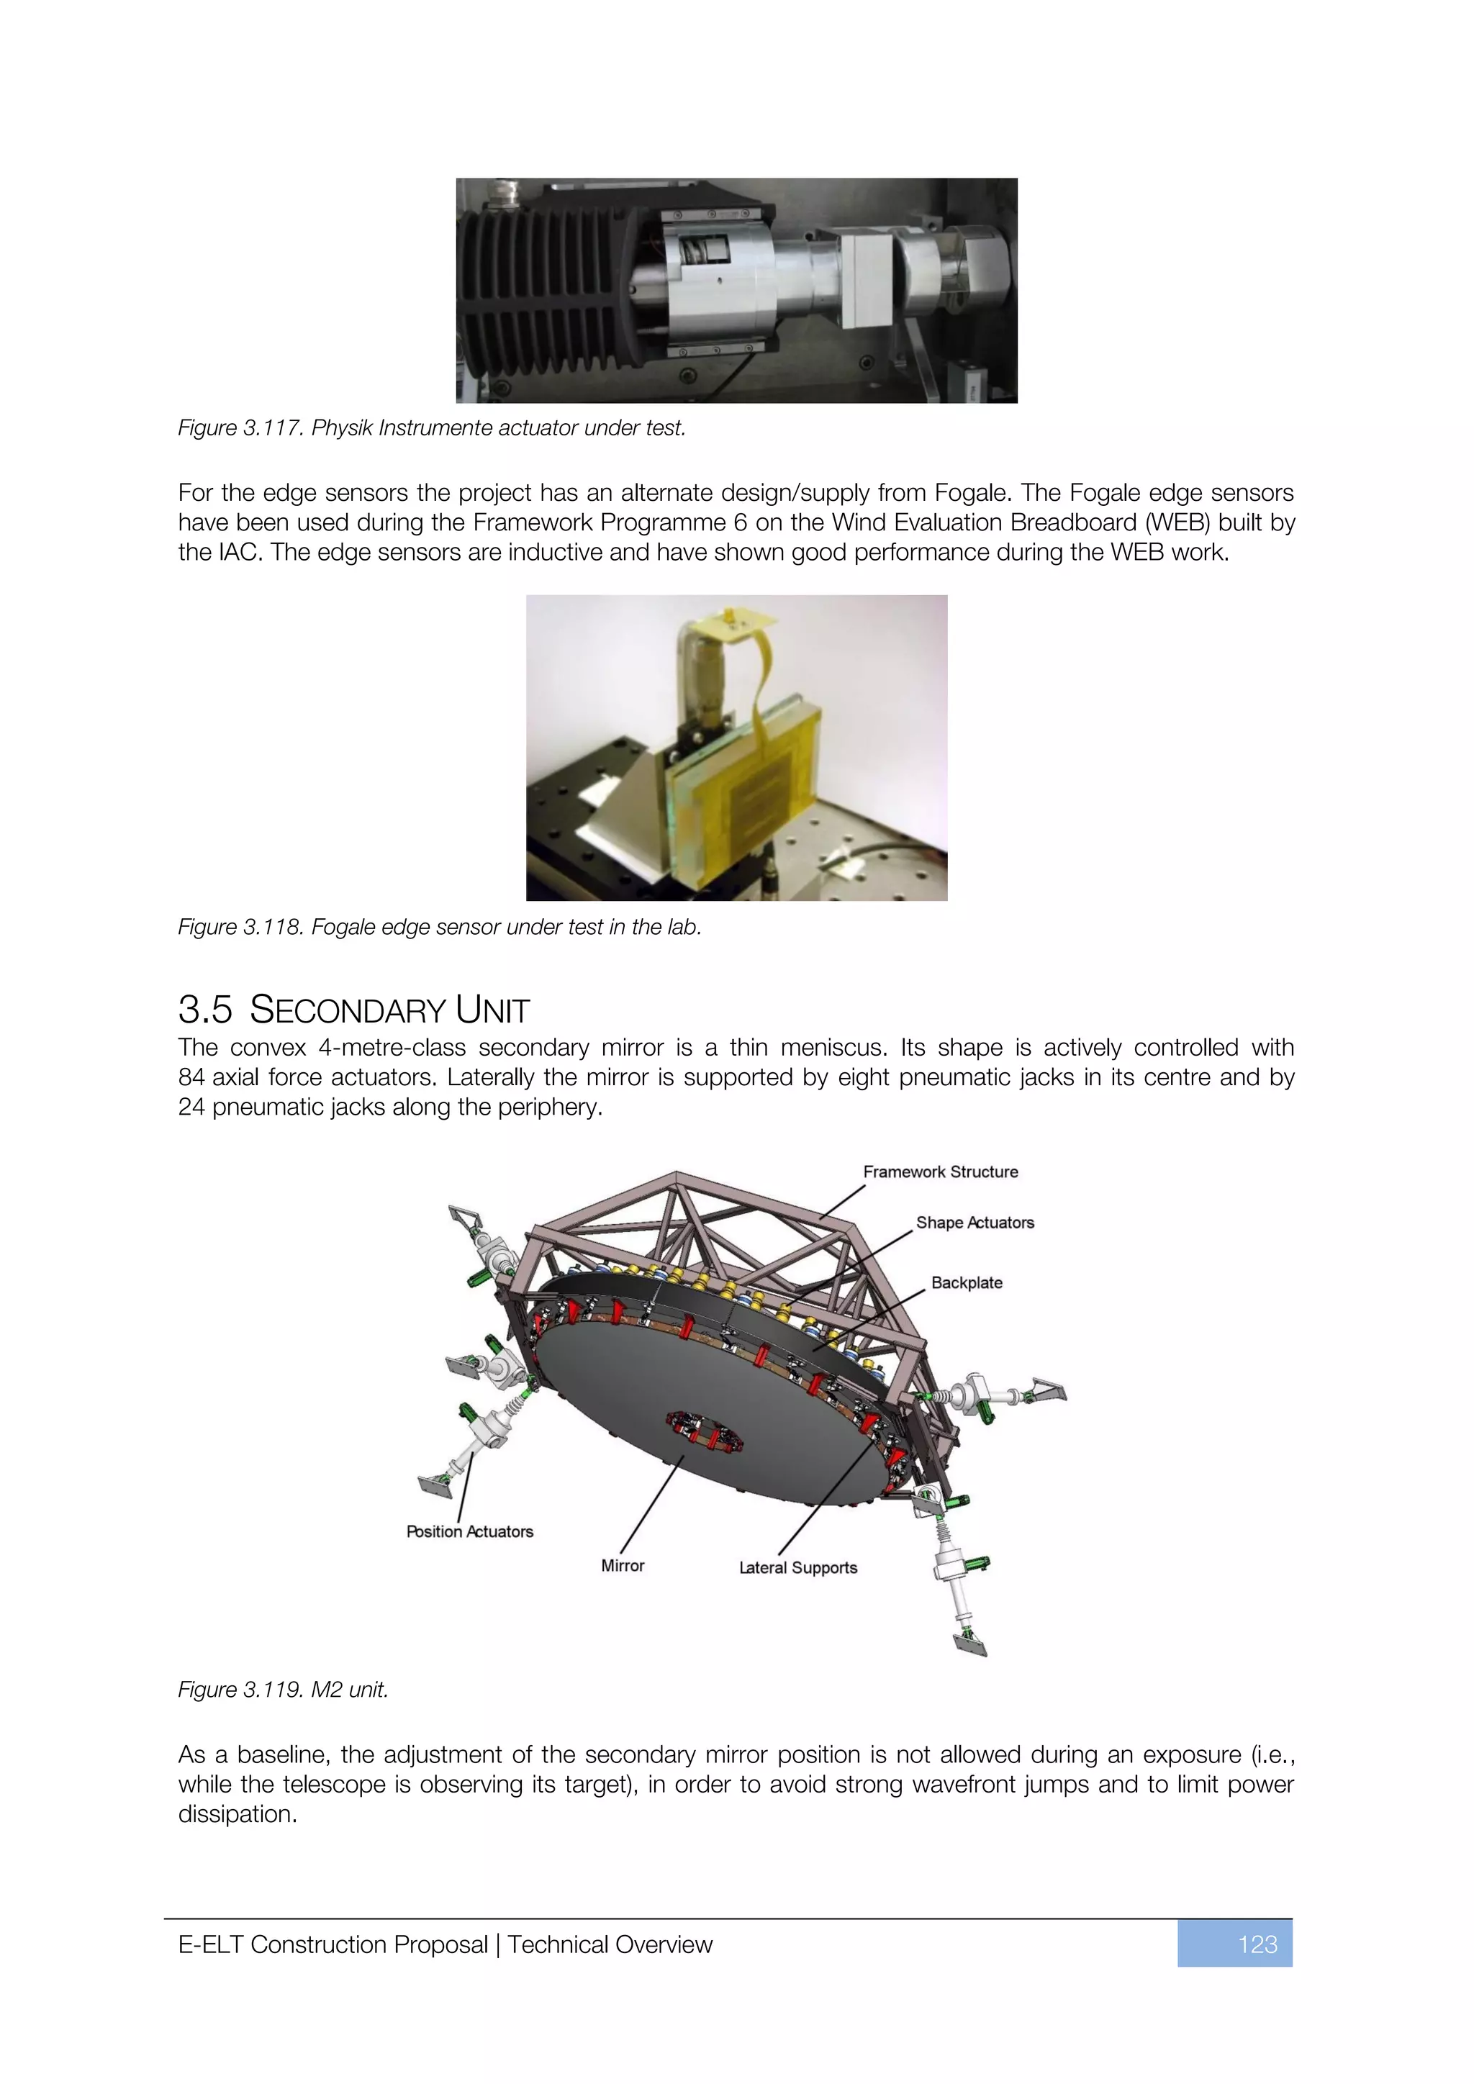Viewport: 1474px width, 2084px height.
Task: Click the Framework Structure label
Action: [940, 1172]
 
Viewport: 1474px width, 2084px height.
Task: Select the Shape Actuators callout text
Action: [975, 1223]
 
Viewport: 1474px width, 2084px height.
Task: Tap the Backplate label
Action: [967, 1282]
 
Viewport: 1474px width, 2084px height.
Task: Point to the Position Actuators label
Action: [469, 1531]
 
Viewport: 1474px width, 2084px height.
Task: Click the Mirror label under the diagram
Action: [623, 1566]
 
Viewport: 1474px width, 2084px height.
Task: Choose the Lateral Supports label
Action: [797, 1567]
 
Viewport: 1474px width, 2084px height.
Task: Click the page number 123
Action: [1257, 1944]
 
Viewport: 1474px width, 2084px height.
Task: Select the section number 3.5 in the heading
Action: [205, 1010]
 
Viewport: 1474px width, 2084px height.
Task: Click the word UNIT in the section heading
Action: [493, 1010]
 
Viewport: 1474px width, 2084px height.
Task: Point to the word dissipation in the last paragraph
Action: [237, 1813]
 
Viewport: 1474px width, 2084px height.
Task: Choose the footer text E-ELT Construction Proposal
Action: [333, 1944]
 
